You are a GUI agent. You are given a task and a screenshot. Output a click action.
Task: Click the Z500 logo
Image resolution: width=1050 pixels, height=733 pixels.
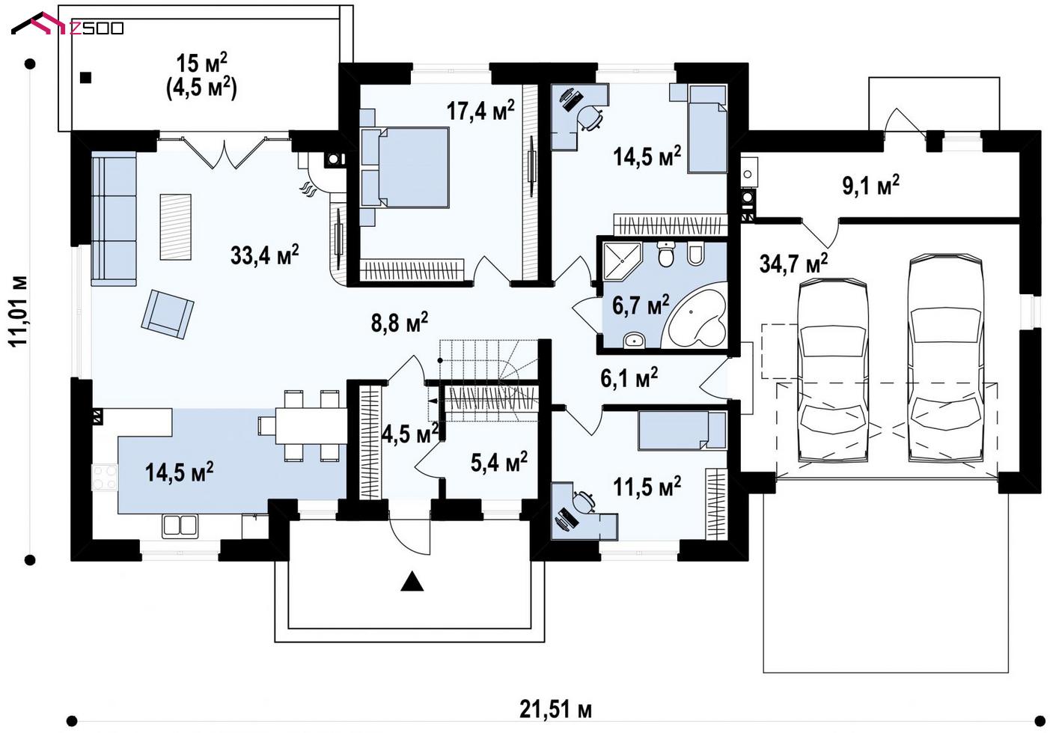click(x=67, y=25)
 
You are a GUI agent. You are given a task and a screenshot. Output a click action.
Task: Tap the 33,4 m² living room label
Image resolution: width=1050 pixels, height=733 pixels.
click(x=264, y=255)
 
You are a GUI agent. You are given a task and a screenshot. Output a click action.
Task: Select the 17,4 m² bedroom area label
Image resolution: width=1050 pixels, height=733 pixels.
click(x=480, y=110)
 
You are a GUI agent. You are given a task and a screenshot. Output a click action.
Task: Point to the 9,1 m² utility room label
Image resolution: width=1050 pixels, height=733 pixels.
click(x=871, y=185)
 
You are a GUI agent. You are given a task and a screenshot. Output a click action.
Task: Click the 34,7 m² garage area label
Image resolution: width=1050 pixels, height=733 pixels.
click(x=793, y=264)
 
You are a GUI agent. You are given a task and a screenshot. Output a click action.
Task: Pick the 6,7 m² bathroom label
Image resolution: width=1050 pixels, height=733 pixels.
click(x=641, y=305)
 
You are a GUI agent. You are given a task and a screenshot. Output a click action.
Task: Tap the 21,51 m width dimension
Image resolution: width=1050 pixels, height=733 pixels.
click(x=555, y=710)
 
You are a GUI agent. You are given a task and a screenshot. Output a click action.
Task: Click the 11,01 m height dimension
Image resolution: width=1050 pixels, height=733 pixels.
click(x=19, y=311)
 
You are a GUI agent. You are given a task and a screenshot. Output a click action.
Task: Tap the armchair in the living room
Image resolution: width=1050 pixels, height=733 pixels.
click(x=168, y=314)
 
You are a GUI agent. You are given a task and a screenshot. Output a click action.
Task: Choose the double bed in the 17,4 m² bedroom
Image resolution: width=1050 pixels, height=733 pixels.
click(x=405, y=168)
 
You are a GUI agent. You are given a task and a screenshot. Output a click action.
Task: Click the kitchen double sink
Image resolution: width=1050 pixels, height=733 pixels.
click(x=180, y=526)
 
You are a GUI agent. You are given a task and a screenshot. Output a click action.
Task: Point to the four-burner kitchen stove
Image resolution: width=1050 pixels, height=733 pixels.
click(x=105, y=477)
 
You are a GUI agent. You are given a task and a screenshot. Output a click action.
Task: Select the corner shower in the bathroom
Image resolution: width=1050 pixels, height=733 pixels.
click(x=622, y=261)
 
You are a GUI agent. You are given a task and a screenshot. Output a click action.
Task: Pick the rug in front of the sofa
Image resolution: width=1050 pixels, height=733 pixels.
click(x=175, y=227)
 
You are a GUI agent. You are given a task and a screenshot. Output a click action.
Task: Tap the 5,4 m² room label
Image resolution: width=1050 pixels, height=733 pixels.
click(x=498, y=462)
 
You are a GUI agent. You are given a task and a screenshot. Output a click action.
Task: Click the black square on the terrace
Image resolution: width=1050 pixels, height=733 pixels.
click(x=85, y=78)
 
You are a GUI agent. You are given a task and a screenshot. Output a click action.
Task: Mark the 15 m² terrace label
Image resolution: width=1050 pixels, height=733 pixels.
click(x=201, y=64)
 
